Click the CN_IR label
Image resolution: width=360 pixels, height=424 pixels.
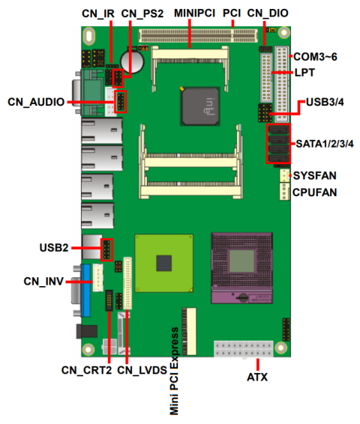tap(99, 13)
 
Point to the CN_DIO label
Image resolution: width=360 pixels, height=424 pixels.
tap(267, 13)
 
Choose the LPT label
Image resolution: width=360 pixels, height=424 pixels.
tap(304, 73)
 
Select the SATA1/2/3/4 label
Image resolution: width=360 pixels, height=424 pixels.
tap(324, 143)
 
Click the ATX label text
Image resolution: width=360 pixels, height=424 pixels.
tap(257, 376)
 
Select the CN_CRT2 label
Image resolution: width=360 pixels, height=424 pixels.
tap(86, 370)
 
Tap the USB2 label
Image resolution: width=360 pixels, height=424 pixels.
tap(54, 247)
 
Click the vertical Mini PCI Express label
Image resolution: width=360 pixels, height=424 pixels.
tap(174, 370)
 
